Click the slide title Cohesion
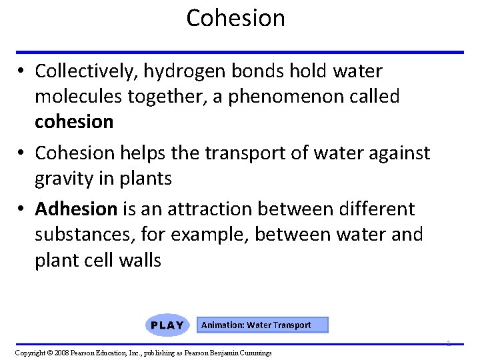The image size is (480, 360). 235,18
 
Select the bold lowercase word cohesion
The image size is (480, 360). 74,122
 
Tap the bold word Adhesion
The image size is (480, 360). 76,209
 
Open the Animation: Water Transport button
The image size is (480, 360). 256,325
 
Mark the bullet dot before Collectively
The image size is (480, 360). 22,71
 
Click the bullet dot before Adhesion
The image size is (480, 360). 22,210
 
